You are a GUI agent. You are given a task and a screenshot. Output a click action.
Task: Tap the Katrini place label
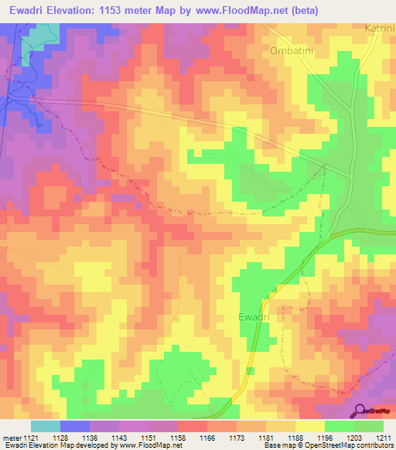(379, 28)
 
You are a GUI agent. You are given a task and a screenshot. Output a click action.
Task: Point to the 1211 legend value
(383, 437)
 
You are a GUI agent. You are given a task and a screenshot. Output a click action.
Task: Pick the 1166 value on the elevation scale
(207, 437)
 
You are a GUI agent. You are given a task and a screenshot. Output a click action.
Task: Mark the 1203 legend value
(353, 437)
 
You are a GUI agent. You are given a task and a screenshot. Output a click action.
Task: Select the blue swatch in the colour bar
(75, 426)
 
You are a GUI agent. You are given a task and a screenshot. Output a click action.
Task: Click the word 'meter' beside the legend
(12, 437)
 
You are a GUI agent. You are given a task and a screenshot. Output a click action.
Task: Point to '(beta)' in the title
(300, 10)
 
